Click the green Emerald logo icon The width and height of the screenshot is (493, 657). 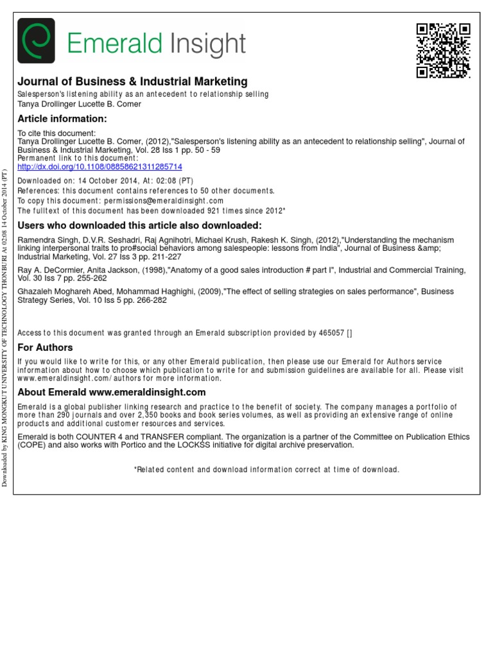[36, 40]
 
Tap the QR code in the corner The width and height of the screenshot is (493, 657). [443, 50]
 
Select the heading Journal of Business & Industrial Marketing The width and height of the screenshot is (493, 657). [132, 81]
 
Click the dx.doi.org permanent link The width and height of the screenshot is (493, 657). [99, 167]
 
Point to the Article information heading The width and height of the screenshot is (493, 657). [62, 119]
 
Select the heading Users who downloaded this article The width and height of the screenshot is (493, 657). [139, 225]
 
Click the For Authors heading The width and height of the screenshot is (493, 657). [45, 348]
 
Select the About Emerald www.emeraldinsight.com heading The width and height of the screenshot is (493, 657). [112, 392]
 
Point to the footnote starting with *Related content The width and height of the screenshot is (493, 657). [266, 470]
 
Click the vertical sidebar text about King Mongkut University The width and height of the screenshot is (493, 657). [4, 327]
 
